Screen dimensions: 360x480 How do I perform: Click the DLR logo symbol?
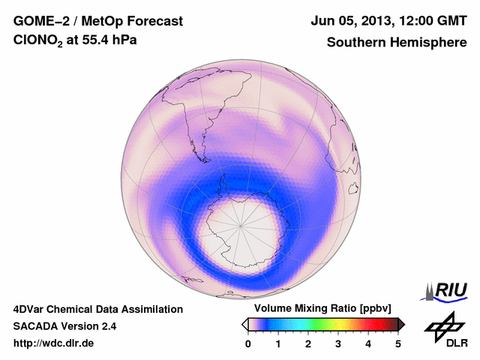443,325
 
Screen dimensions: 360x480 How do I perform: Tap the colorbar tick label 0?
248,343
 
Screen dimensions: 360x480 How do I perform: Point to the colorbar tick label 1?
278,343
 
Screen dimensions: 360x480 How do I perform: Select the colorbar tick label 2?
308,343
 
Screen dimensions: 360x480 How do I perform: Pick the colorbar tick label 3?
338,343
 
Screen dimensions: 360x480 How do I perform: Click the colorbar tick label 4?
368,343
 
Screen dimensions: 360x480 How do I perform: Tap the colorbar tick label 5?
398,343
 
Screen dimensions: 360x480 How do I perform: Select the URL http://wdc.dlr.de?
55,343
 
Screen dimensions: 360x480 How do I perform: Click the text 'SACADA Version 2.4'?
64,326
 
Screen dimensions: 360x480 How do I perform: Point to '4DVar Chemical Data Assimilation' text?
97,309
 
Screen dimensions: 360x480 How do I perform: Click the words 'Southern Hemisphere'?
397,43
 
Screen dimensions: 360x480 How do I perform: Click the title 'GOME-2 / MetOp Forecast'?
98,21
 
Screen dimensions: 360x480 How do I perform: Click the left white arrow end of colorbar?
244,324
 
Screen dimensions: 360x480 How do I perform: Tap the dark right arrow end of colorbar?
402,324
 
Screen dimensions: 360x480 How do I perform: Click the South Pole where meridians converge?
241,223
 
